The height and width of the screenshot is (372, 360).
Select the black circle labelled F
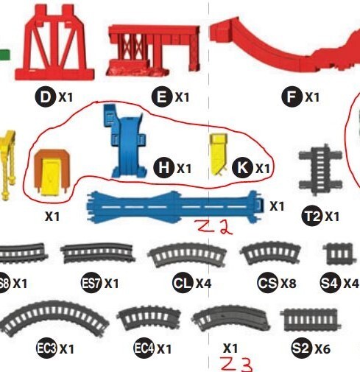pos(293,97)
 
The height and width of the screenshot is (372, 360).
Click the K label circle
pos(242,169)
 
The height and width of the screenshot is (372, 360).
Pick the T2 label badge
pos(312,217)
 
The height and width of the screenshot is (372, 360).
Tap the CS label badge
pos(267,283)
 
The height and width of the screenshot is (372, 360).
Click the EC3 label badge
pos(47,347)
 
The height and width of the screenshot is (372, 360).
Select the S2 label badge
pos(300,347)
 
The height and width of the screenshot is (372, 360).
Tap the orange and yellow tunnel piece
pos(49,174)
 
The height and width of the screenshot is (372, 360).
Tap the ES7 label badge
pos(91,283)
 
